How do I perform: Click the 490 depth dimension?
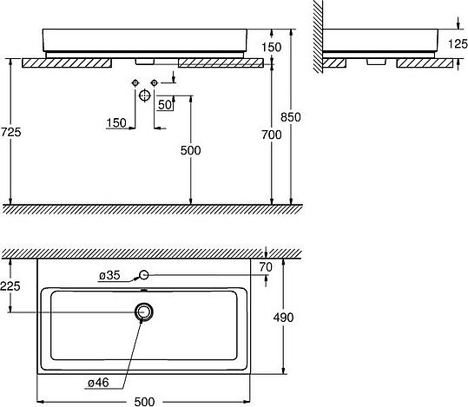pyautogui.click(x=284, y=318)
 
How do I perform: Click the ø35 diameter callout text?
pyautogui.click(x=109, y=276)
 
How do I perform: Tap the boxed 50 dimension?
pyautogui.click(x=164, y=105)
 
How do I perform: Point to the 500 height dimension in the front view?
pyautogui.click(x=190, y=150)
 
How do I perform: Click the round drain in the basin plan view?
pyautogui.click(x=145, y=311)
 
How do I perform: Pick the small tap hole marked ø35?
pyautogui.click(x=145, y=277)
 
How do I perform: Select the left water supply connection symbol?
pyautogui.click(x=136, y=82)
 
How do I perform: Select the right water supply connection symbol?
pyautogui.click(x=155, y=82)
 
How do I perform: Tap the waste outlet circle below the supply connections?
pyautogui.click(x=146, y=97)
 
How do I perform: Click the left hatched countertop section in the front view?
pyautogui.click(x=67, y=62)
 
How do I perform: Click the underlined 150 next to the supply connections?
pyautogui.click(x=116, y=123)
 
